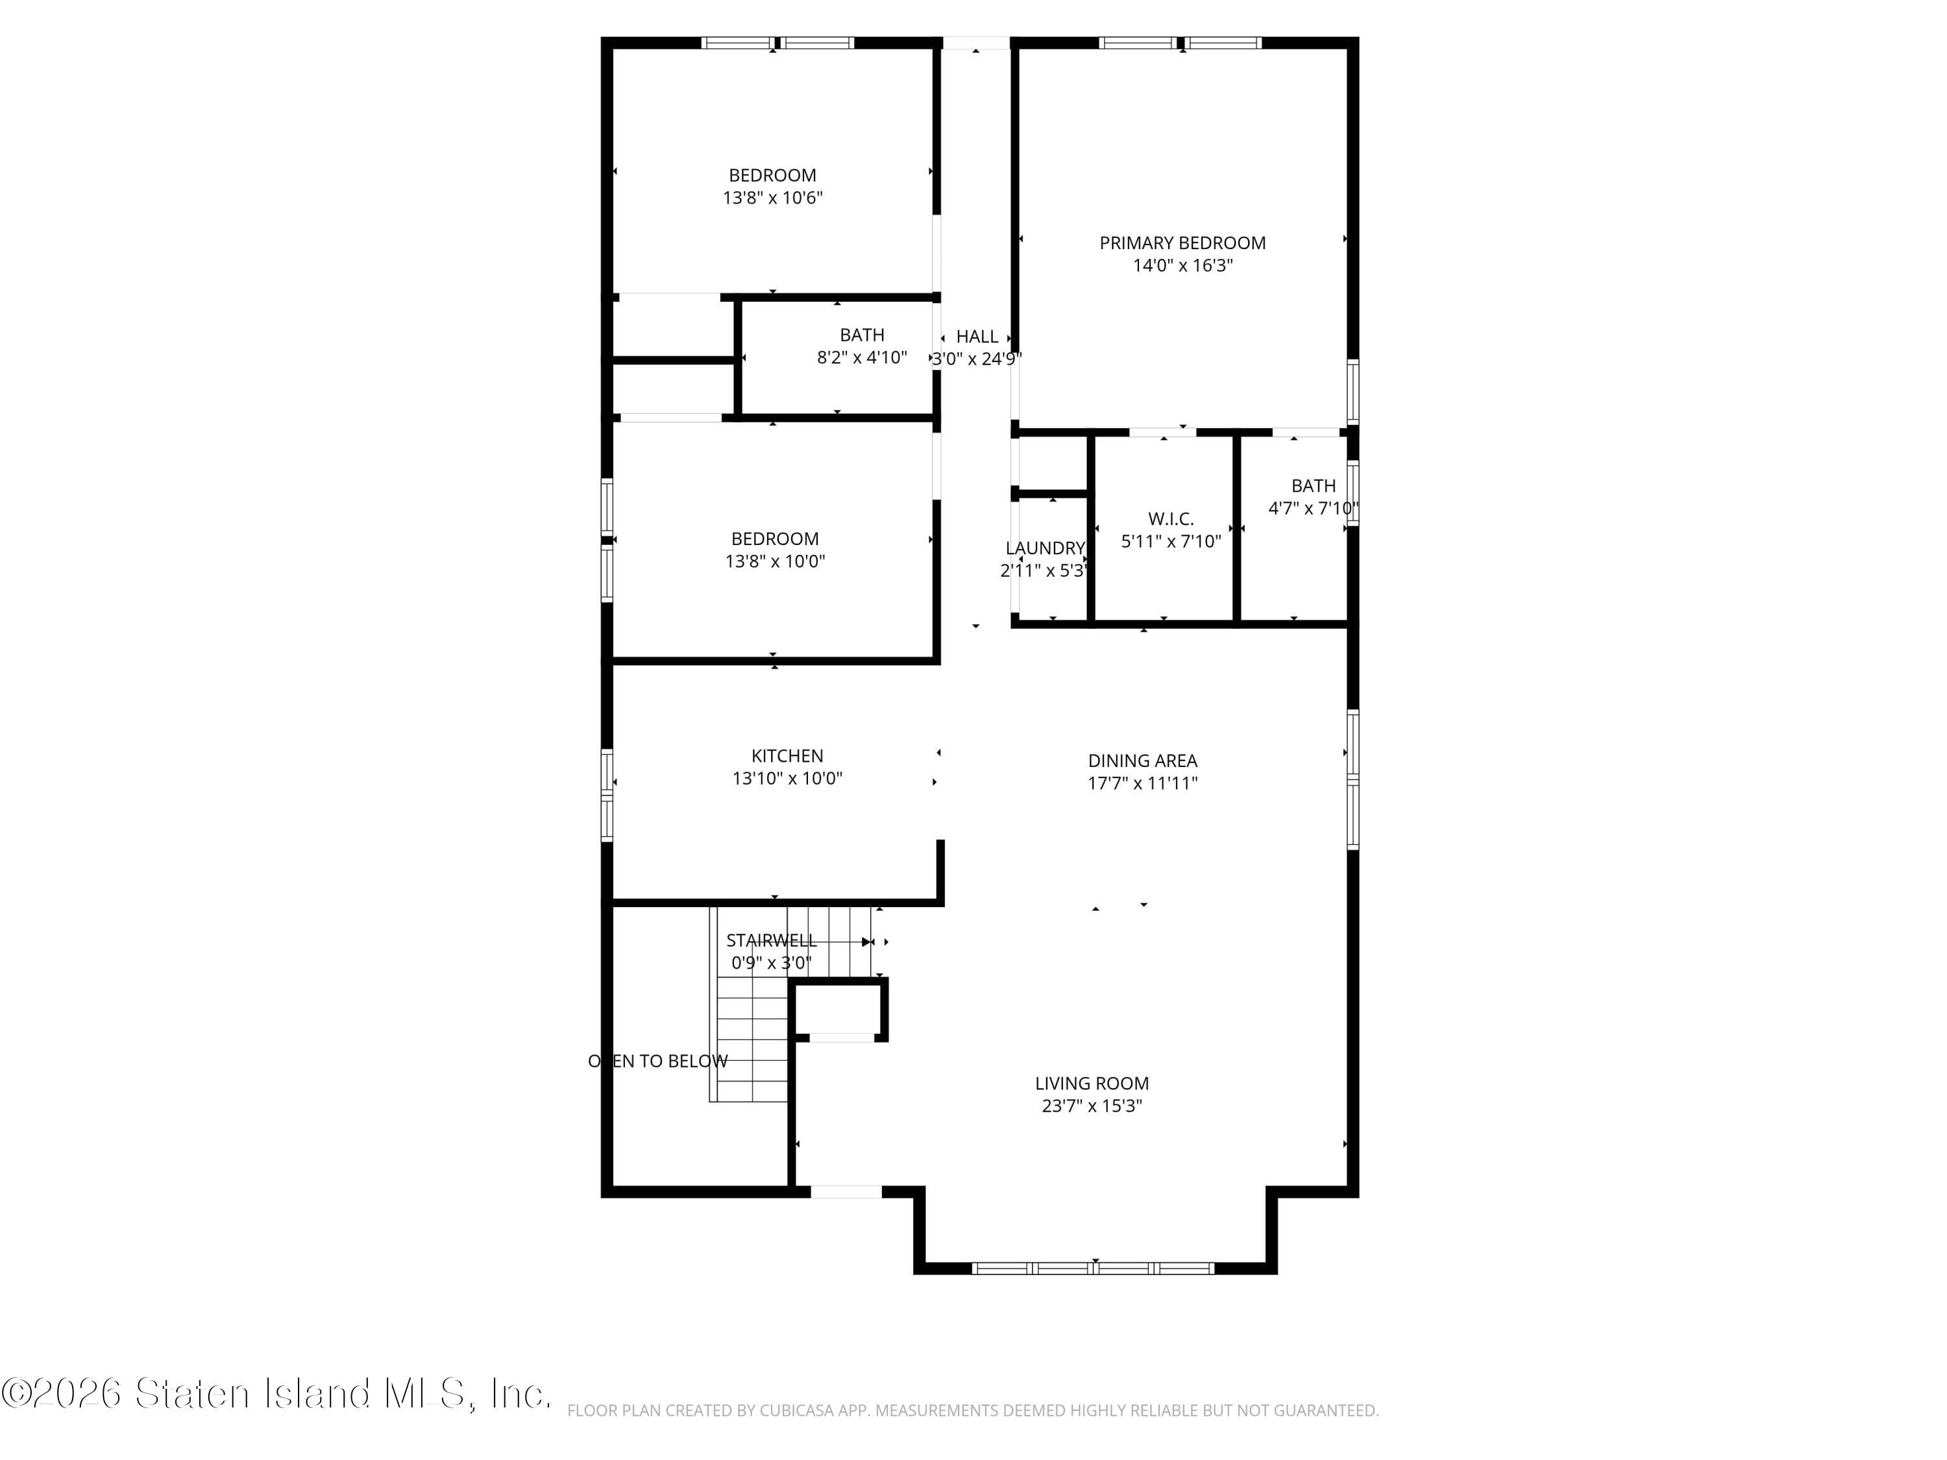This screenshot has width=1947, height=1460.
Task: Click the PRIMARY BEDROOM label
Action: tap(1182, 243)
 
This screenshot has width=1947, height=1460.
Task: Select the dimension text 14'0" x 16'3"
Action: tap(1182, 266)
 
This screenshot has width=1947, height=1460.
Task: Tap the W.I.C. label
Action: tap(1171, 519)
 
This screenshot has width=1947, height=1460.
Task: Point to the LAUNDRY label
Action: tap(1045, 548)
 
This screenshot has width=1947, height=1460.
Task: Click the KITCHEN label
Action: tap(787, 756)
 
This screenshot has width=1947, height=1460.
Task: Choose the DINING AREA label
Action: tap(1142, 761)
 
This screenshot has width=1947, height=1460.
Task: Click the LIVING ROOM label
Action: tap(1092, 1084)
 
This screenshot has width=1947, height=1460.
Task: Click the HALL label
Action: tap(977, 337)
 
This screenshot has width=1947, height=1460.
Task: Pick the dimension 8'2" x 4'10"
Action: tap(862, 358)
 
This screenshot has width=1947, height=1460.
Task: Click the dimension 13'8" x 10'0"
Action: tap(774, 561)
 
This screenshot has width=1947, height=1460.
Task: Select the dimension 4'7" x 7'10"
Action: tap(1312, 509)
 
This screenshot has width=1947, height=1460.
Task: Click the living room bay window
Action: tap(1093, 1268)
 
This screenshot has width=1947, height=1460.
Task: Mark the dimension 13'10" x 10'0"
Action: tap(787, 779)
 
